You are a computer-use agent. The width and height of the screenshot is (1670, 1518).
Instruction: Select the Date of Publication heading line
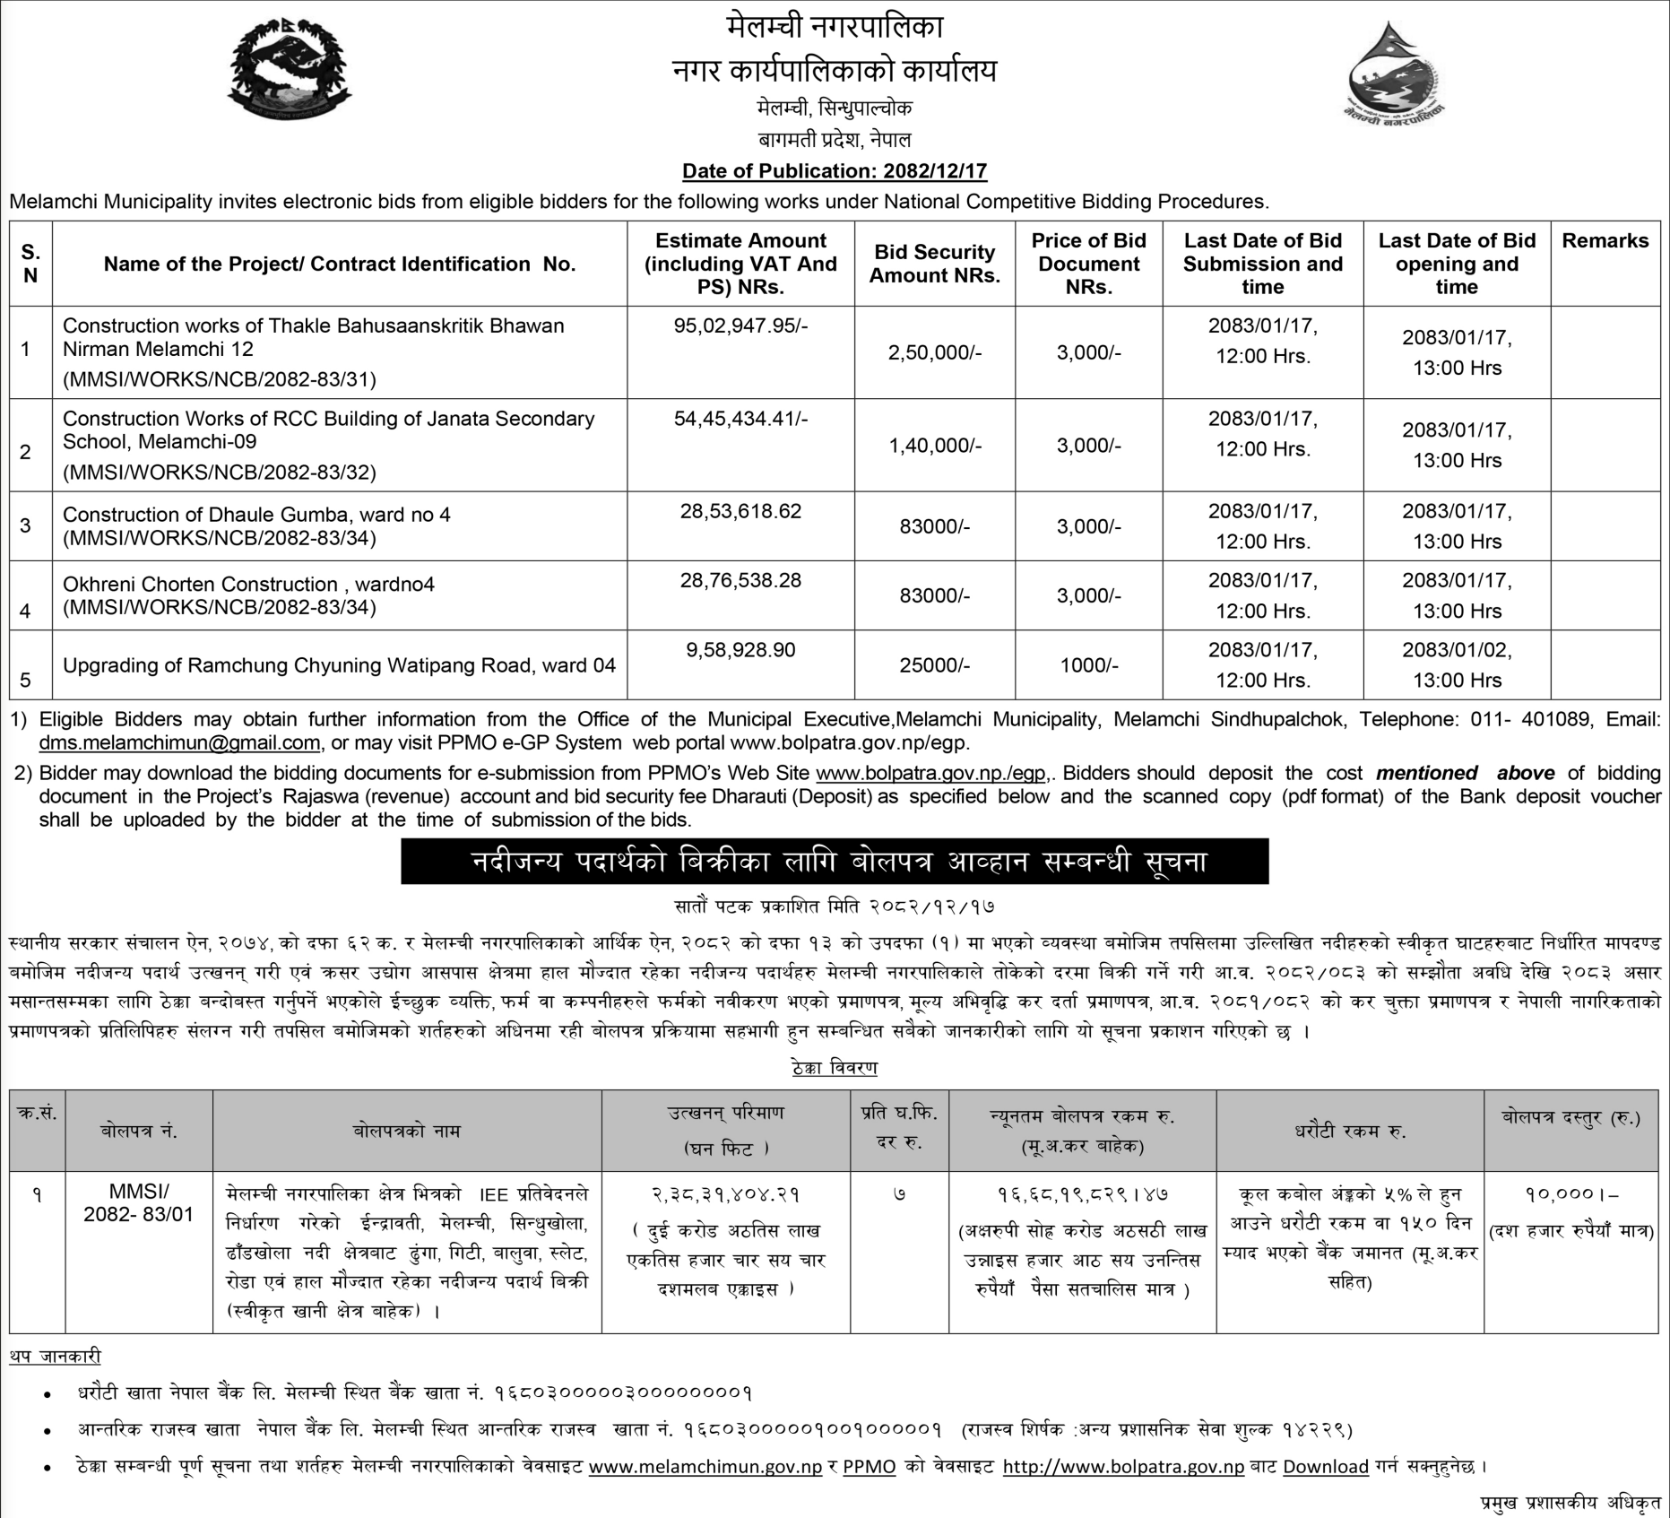coord(835,170)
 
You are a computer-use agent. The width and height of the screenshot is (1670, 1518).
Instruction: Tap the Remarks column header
coord(1605,240)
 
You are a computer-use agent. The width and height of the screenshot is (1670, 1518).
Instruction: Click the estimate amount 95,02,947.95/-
coord(740,325)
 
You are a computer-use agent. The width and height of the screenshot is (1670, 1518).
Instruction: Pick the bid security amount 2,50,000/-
coord(934,352)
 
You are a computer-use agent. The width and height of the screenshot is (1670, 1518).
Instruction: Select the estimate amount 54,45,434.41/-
coord(740,419)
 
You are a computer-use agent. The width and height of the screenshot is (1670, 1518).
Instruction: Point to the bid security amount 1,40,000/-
coord(934,446)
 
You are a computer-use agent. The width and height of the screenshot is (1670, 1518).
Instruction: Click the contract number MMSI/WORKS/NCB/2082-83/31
coord(220,379)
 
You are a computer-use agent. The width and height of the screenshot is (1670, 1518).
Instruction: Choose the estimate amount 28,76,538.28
coord(740,581)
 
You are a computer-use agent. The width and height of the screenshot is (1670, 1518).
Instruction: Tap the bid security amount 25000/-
coord(934,665)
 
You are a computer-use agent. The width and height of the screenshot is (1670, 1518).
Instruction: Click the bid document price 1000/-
coord(1088,665)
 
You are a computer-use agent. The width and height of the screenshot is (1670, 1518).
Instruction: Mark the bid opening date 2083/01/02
coord(1457,650)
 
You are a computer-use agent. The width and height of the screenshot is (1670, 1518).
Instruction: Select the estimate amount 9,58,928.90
coord(740,650)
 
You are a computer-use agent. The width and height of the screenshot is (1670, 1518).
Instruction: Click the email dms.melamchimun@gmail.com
coord(179,742)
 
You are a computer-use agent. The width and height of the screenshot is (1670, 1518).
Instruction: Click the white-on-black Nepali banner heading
coord(835,862)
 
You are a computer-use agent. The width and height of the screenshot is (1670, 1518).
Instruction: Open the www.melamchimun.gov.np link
coord(705,1467)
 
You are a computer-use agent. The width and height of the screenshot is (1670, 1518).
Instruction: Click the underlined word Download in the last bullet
coord(1325,1467)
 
